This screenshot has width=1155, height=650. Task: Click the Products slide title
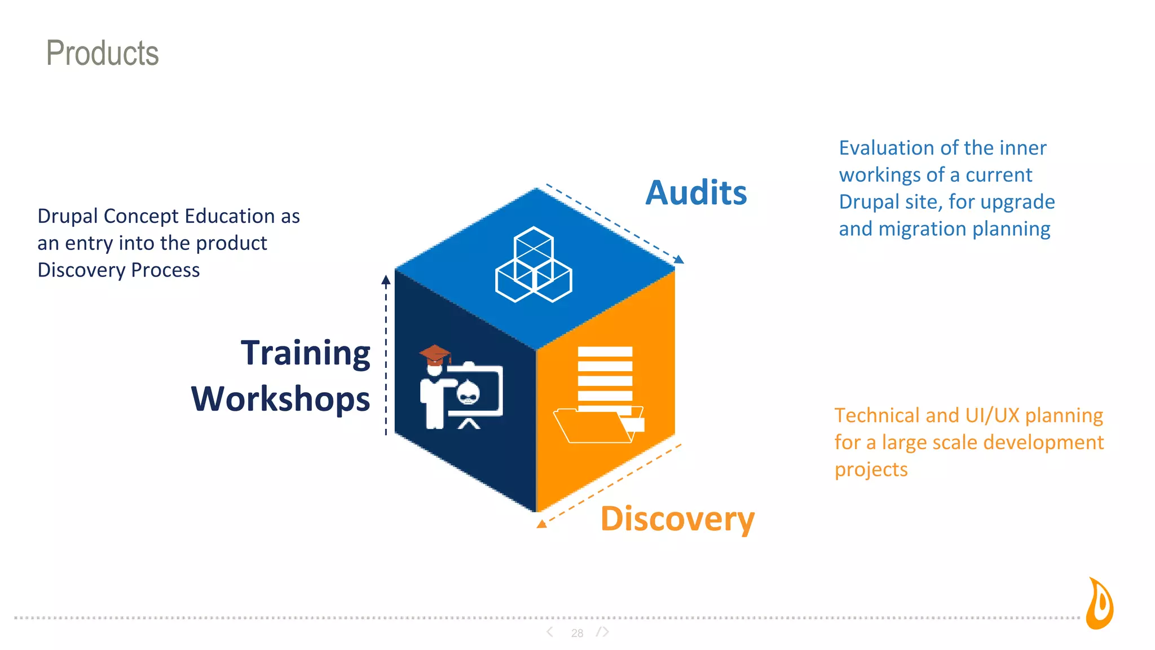pyautogui.click(x=102, y=53)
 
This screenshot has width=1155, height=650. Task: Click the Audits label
pyautogui.click(x=696, y=193)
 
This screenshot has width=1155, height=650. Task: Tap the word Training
pyautogui.click(x=305, y=353)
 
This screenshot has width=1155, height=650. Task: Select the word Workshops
pyautogui.click(x=280, y=399)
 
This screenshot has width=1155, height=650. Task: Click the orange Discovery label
pyautogui.click(x=677, y=519)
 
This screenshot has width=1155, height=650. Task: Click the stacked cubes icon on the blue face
pyautogui.click(x=534, y=265)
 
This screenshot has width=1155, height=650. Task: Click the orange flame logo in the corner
pyautogui.click(x=1100, y=604)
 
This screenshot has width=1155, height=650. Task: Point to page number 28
pyautogui.click(x=577, y=633)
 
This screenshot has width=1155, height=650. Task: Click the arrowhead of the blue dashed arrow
pyautogui.click(x=680, y=260)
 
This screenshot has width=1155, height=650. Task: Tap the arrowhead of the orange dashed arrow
pyautogui.click(x=541, y=524)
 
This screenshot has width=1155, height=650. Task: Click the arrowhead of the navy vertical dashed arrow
pyautogui.click(x=386, y=279)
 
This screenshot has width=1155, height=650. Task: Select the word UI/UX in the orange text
pyautogui.click(x=992, y=416)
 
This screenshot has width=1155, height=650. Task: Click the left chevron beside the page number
pyautogui.click(x=550, y=632)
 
